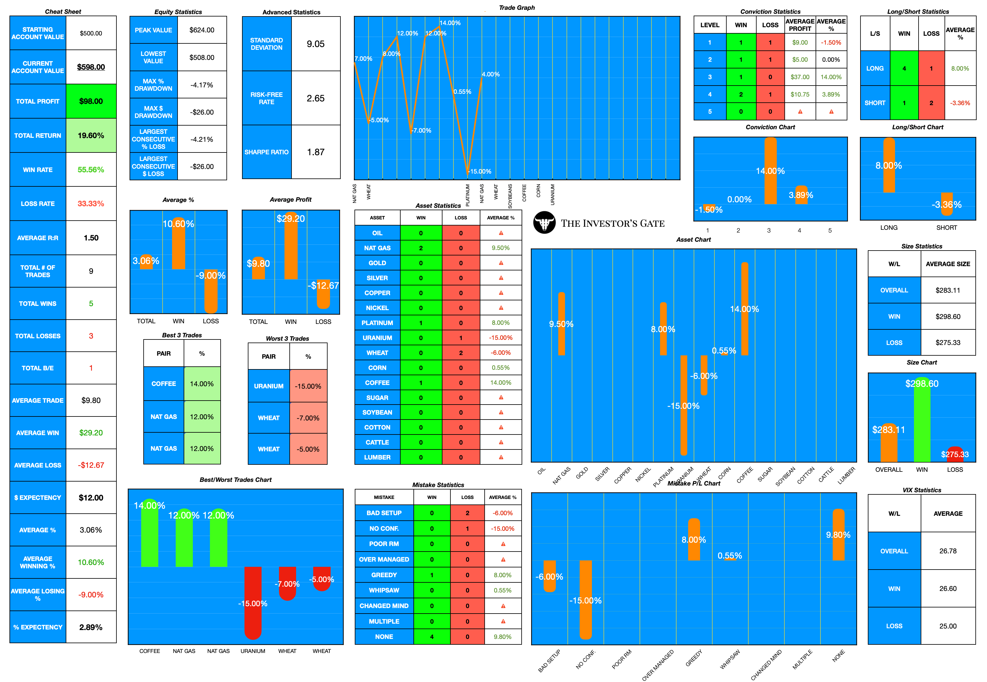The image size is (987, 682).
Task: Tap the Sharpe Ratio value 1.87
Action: click(x=315, y=152)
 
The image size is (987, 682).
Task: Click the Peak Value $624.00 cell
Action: click(x=202, y=30)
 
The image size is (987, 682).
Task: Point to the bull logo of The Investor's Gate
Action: click(x=544, y=223)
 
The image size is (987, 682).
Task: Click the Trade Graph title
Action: click(x=517, y=8)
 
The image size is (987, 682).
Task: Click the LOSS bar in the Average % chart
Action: click(x=211, y=291)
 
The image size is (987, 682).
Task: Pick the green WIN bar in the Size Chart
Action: click(x=922, y=423)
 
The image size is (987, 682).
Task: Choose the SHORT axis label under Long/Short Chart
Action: click(x=946, y=228)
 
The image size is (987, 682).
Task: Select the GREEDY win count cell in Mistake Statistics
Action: click(x=431, y=575)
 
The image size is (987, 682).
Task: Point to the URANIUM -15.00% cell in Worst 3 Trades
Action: click(x=308, y=386)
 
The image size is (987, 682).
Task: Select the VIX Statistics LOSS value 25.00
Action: click(x=948, y=626)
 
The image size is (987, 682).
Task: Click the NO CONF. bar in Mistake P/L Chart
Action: click(x=585, y=598)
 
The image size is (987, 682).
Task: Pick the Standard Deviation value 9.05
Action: click(x=315, y=44)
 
